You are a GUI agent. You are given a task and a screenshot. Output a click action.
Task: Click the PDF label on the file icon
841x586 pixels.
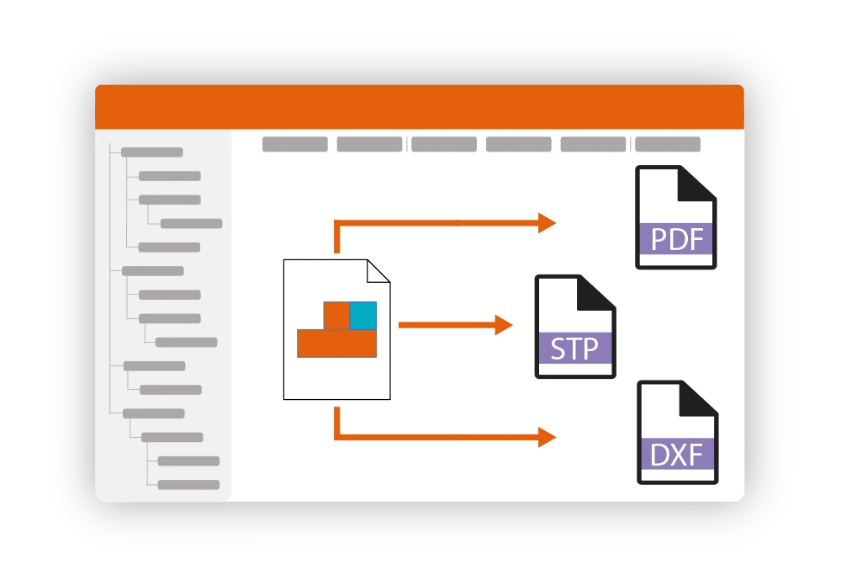pyautogui.click(x=676, y=239)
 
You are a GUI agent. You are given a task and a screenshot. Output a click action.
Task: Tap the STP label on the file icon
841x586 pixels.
pyautogui.click(x=574, y=348)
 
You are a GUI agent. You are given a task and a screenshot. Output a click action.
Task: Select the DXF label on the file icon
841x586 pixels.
pyautogui.click(x=677, y=455)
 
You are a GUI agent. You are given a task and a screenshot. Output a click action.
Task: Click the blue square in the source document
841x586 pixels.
pyautogui.click(x=363, y=315)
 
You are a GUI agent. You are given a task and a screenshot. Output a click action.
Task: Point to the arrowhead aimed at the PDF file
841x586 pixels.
pyautogui.click(x=547, y=223)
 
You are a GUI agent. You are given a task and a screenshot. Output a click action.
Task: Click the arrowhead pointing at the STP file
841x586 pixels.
pyautogui.click(x=504, y=325)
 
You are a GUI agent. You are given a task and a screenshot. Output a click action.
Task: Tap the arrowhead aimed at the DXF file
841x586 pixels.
pyautogui.click(x=547, y=437)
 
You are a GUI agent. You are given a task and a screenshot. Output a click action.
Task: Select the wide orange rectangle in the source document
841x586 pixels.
pyautogui.click(x=336, y=344)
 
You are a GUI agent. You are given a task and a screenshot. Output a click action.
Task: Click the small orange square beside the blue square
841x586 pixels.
pyautogui.click(x=336, y=315)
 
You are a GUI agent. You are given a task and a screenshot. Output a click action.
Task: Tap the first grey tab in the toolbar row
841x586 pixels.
pyautogui.click(x=295, y=144)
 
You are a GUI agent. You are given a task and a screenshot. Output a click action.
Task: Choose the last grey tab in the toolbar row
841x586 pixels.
pyautogui.click(x=668, y=144)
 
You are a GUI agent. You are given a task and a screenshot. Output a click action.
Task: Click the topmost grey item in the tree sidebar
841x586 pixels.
pyautogui.click(x=152, y=152)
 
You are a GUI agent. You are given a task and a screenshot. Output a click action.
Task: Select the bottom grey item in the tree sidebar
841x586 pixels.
pyautogui.click(x=188, y=485)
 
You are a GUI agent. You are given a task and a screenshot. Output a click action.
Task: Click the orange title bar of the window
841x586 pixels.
pyautogui.click(x=420, y=107)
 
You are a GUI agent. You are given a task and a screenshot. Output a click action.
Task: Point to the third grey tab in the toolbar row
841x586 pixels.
pyautogui.click(x=444, y=144)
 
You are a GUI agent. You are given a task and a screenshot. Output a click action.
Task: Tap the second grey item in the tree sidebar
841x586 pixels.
pyautogui.click(x=170, y=176)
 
